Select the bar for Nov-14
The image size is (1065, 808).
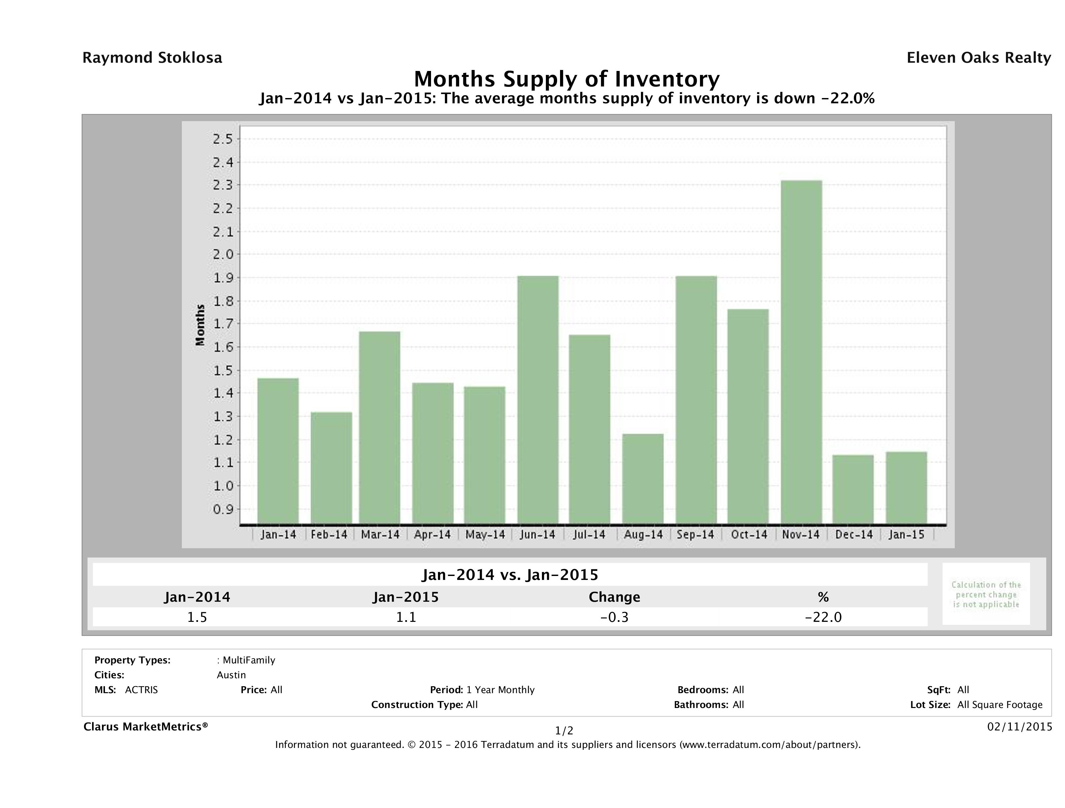coord(801,352)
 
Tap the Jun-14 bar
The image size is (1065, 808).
coord(538,400)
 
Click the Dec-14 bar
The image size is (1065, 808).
coord(853,489)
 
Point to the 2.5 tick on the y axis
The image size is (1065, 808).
coord(222,139)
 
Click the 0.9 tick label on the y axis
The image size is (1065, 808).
coord(222,509)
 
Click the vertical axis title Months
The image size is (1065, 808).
coord(200,325)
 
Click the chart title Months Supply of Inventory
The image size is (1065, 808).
coord(567,79)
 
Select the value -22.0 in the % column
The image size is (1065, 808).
coord(823,617)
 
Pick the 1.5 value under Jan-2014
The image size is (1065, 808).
coord(197,617)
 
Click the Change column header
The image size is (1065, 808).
coord(615,597)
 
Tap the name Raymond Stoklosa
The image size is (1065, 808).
coord(152,58)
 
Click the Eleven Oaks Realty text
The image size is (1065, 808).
coord(978,58)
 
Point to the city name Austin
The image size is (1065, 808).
coord(231,675)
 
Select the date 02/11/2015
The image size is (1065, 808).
coord(1019,726)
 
